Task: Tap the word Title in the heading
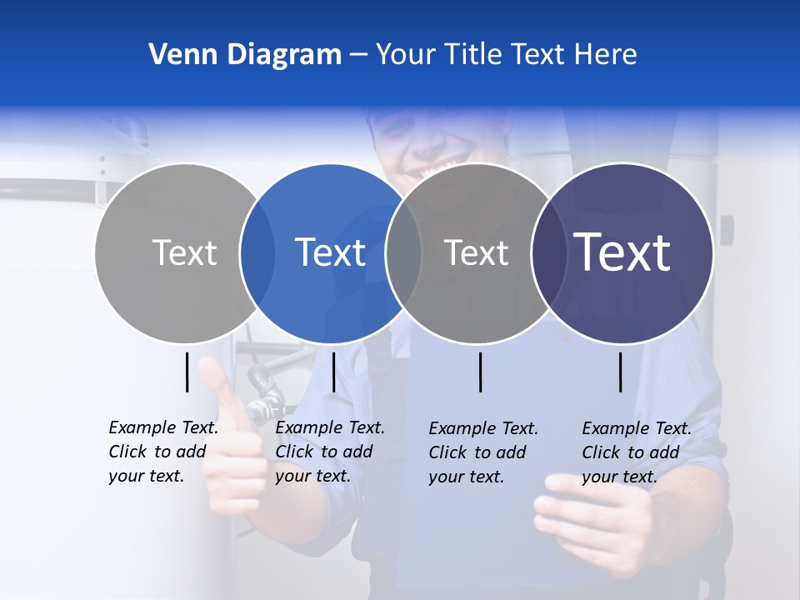click(473, 55)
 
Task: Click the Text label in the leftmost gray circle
click(184, 252)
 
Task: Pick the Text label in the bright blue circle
click(330, 252)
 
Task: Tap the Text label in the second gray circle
click(476, 252)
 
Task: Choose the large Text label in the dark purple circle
click(622, 252)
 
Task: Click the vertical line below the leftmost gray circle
click(187, 372)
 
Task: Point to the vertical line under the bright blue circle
click(333, 372)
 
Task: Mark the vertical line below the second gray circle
click(481, 372)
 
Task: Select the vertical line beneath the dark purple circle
click(621, 372)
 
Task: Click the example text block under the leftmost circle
click(163, 452)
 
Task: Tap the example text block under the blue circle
click(330, 452)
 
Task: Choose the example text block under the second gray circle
click(483, 452)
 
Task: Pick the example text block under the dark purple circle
click(637, 452)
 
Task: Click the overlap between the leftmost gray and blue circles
click(257, 252)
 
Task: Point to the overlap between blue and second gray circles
click(403, 252)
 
